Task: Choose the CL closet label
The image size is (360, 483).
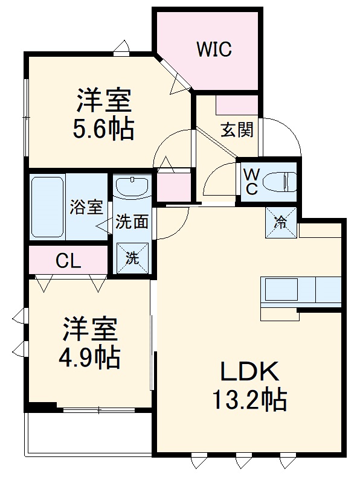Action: point(68,261)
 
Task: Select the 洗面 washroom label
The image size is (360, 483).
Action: point(132,222)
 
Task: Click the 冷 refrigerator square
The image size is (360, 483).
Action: point(281,222)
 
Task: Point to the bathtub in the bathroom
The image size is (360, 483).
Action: point(47,206)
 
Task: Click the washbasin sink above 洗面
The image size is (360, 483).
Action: point(132,187)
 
